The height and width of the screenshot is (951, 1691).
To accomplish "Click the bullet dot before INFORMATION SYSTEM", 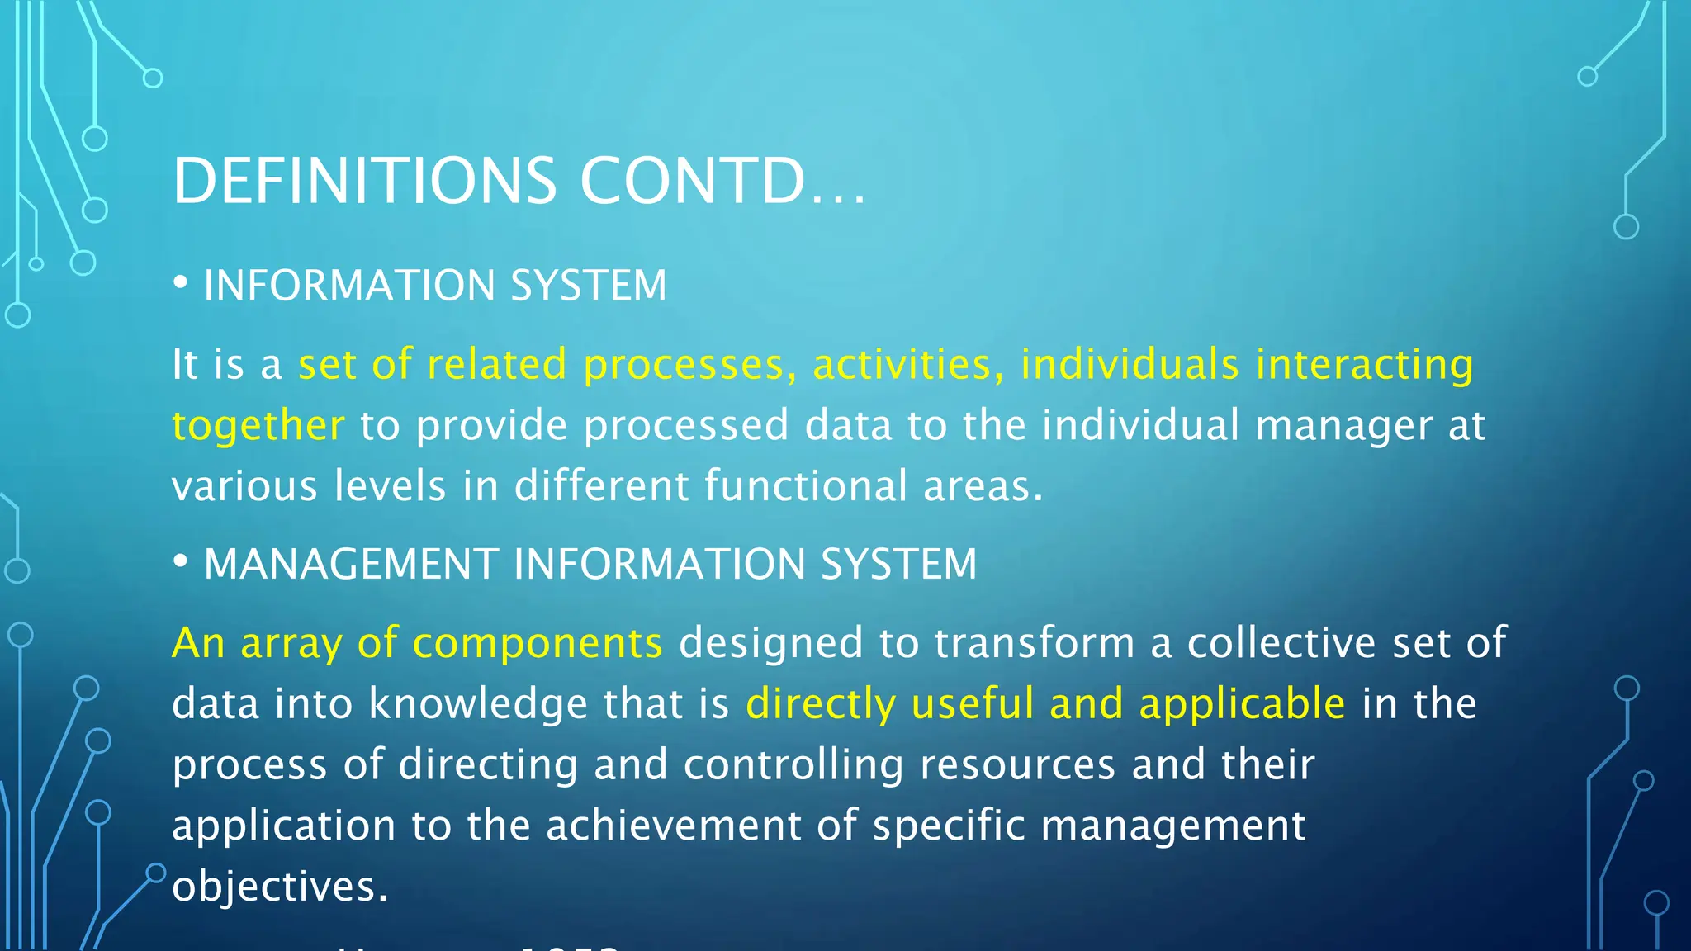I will coord(180,284).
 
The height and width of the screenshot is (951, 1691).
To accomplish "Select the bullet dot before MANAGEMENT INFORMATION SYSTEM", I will coord(180,562).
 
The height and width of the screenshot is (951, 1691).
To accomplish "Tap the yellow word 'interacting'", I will coord(1364,364).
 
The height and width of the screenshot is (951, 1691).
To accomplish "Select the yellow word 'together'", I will coord(258,425).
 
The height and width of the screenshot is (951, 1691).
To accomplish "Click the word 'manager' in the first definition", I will coord(1344,427).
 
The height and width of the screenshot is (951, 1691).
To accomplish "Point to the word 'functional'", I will coord(806,485).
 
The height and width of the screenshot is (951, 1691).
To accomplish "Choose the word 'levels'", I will coord(390,485).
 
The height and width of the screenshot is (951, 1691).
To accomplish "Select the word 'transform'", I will coord(1034,643).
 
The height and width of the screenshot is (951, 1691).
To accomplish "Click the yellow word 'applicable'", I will coord(1242,704).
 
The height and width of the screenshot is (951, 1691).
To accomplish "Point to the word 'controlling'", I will coord(793,765).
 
